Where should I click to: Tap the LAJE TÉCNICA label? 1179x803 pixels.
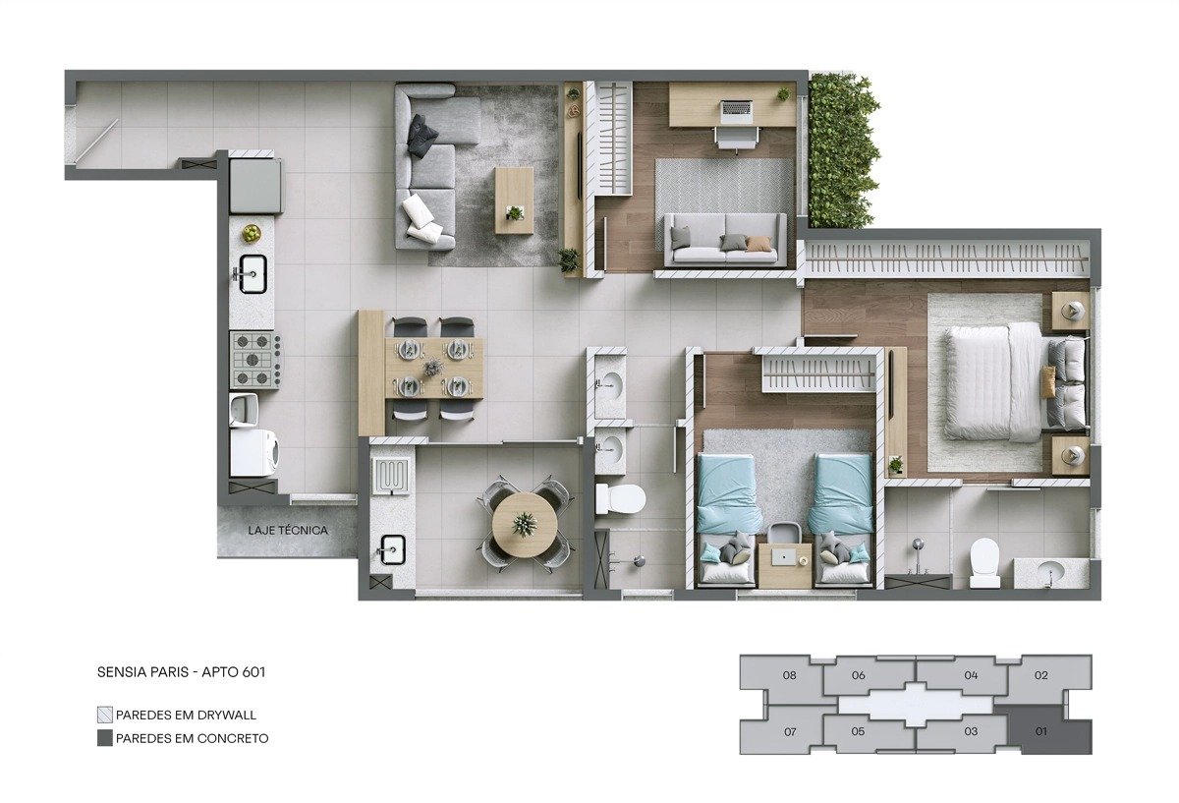(x=288, y=530)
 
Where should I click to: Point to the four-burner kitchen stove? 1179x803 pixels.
(x=254, y=360)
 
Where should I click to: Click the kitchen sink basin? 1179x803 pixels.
(x=253, y=274)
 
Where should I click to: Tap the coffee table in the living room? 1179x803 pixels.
(x=514, y=201)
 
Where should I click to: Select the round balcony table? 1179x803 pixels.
(x=525, y=525)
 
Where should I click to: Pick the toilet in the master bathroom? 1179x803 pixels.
(x=984, y=562)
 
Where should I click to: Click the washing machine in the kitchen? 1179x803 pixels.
(x=254, y=453)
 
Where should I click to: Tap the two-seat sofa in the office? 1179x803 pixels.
(x=725, y=240)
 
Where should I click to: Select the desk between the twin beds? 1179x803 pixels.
(x=785, y=565)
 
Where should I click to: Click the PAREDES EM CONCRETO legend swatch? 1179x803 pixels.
(x=105, y=738)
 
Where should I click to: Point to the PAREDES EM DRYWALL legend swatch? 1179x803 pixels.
(x=105, y=715)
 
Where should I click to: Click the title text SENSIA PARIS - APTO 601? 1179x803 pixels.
(x=181, y=672)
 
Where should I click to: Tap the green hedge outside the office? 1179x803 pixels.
(x=843, y=151)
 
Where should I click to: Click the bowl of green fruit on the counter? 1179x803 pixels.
(x=253, y=233)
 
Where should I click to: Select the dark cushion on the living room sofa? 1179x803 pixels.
(x=422, y=136)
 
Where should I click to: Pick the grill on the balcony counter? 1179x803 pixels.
(x=391, y=477)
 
